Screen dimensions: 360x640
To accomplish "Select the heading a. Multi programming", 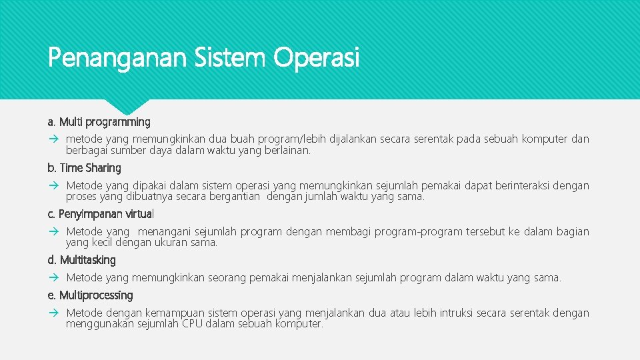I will [x=99, y=122].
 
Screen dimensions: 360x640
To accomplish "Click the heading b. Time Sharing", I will [x=85, y=168].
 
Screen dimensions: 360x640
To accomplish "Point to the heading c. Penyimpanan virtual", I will [x=101, y=214].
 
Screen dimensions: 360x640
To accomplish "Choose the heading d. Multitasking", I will [x=82, y=260].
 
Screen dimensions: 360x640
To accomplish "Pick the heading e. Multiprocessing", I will [x=91, y=295].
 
